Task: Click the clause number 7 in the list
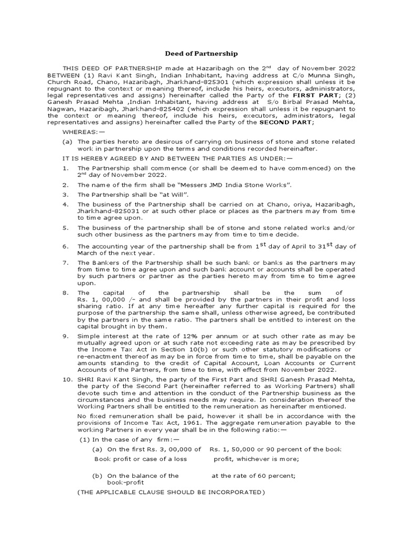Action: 65,262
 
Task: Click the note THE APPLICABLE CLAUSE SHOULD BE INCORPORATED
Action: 171,493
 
